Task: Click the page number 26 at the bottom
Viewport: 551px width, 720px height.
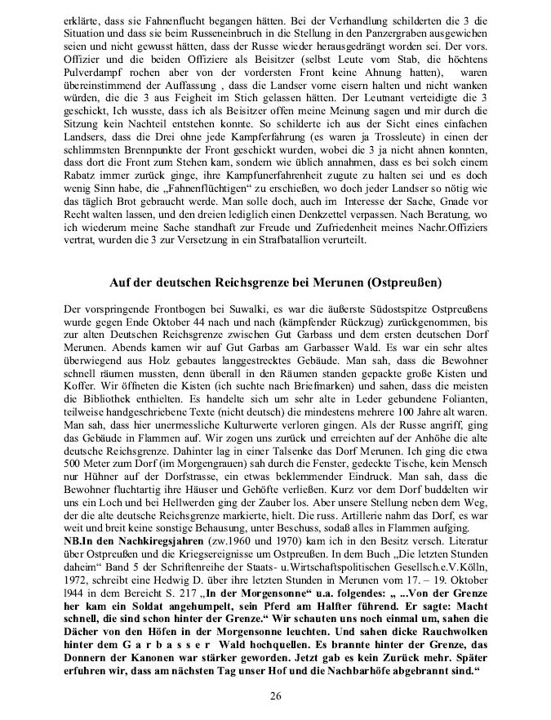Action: coord(275,695)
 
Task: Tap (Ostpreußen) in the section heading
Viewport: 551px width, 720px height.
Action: coord(402,283)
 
